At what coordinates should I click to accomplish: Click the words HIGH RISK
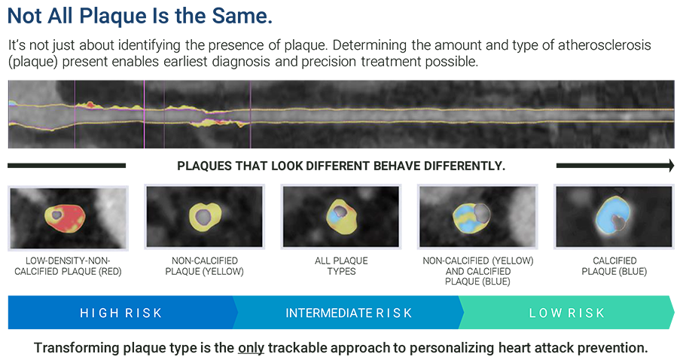[120, 313]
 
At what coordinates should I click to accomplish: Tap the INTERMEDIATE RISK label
[349, 313]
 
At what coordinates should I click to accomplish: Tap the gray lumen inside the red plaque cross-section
[56, 216]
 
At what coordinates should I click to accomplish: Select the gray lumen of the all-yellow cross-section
[203, 218]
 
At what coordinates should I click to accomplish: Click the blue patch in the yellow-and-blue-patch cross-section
[335, 217]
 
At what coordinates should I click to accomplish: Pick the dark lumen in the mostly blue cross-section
[619, 221]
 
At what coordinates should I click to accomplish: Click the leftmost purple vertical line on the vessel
[75, 121]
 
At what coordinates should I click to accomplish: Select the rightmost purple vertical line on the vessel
[251, 121]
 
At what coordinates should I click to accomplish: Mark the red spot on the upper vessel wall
[90, 105]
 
